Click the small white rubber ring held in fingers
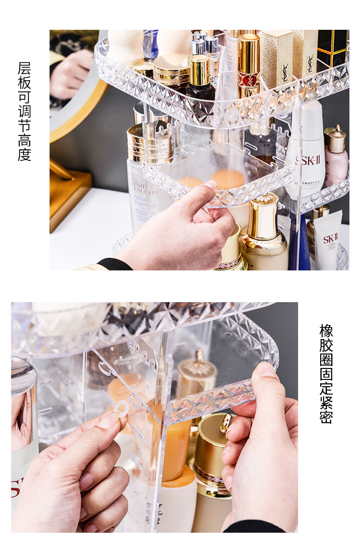pos(121,408)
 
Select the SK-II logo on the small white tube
pos(330,238)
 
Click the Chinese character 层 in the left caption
pos(24,68)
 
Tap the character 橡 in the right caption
pos(326,331)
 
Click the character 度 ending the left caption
pos(24,155)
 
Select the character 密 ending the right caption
pos(326,416)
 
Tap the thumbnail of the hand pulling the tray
pos(210,185)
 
